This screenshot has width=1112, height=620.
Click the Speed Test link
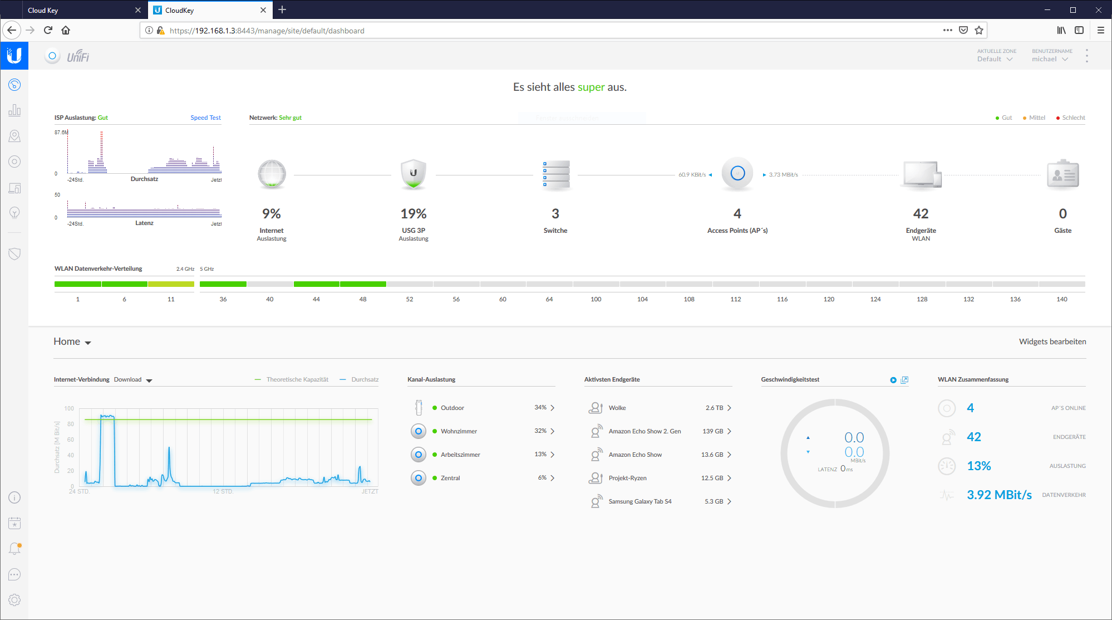click(205, 118)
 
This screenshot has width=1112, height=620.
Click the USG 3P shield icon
click(414, 174)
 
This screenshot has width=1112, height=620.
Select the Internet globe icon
click(272, 174)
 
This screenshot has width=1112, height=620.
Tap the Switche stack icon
click(555, 174)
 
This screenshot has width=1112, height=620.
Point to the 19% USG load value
click(414, 213)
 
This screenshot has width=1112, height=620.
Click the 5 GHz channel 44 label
click(316, 299)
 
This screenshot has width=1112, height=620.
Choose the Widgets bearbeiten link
click(1052, 341)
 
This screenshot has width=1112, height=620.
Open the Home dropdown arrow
click(88, 343)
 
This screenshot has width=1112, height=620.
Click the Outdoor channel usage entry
click(452, 408)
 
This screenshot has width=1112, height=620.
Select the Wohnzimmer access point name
click(459, 431)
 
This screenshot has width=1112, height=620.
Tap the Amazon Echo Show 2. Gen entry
click(644, 431)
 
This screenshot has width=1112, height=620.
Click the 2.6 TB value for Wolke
click(714, 408)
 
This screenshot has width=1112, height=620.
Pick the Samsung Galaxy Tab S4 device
click(640, 501)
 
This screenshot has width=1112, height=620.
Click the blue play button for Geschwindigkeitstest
click(893, 380)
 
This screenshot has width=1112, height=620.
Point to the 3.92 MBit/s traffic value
click(999, 495)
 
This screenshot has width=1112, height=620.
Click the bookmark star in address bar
click(979, 31)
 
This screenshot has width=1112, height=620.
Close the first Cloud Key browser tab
click(138, 10)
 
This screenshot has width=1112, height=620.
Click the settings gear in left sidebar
click(14, 599)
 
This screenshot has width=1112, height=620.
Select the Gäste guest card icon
click(1062, 174)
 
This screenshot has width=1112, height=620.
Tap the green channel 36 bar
click(223, 284)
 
